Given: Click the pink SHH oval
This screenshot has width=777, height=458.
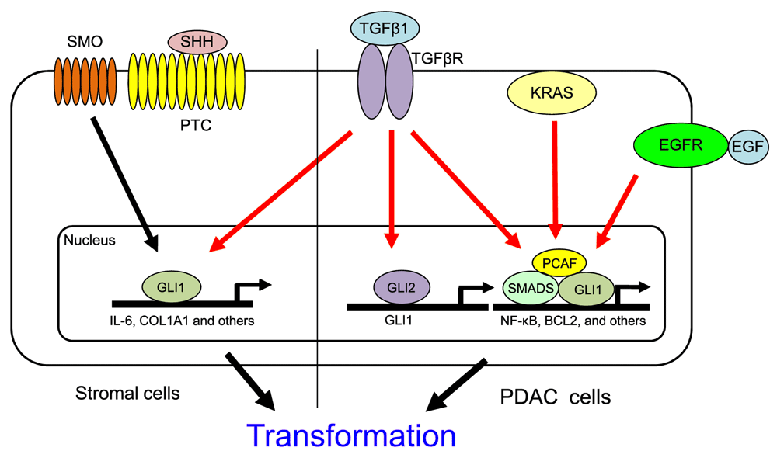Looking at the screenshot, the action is tap(197, 42).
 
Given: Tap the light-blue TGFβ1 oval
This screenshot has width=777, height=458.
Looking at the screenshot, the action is tap(385, 28).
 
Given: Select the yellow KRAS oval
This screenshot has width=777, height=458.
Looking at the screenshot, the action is tap(552, 92).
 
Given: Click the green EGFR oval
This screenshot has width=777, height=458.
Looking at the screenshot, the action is tap(681, 145).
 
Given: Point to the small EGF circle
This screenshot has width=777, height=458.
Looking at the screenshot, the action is tap(748, 146).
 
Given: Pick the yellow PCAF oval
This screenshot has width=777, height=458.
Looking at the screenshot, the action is tap(559, 263).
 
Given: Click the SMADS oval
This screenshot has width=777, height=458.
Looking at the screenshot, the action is tap(531, 288).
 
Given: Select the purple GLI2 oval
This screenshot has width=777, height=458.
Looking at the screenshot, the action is tap(402, 287).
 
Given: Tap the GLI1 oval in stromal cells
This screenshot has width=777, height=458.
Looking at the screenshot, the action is tap(172, 286).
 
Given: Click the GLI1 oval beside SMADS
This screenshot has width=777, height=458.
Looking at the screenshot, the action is tap(587, 289).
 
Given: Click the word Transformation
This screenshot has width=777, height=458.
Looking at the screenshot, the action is tap(351, 435).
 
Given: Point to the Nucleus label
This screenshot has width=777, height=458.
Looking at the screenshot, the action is tap(89, 240).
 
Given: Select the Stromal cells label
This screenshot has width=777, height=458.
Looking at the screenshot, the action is tap(127, 393).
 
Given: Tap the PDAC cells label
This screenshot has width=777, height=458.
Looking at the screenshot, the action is tap(556, 397).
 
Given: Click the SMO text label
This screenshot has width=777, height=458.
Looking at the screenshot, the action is tap(85, 42).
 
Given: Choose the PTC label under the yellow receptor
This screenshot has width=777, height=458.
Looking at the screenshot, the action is tap(196, 125).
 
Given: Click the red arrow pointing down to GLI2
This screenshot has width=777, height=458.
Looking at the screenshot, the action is tap(392, 189).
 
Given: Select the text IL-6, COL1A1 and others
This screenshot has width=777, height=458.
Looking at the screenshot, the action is tap(182, 321).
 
